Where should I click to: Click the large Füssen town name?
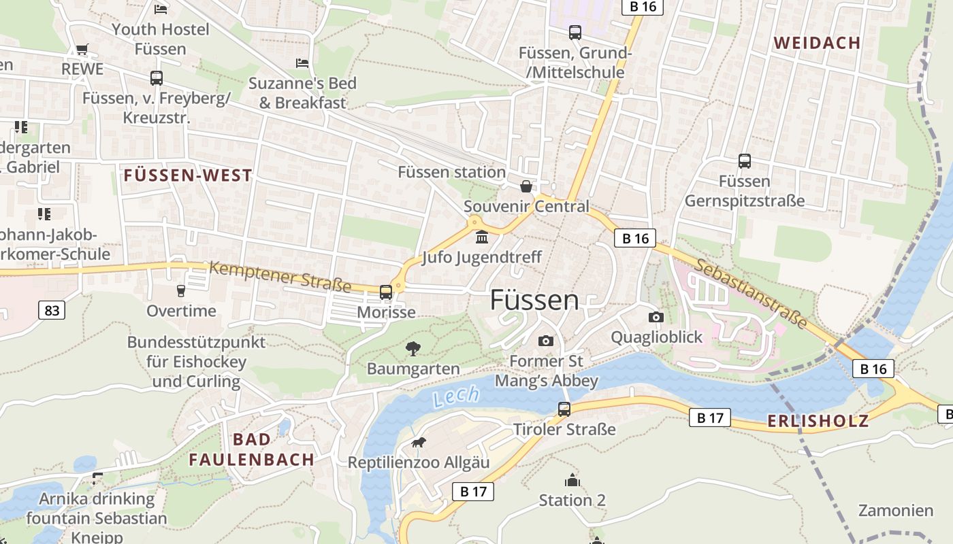[534, 300]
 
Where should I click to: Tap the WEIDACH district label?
[817, 43]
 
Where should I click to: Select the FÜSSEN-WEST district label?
[188, 175]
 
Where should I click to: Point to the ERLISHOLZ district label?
[818, 421]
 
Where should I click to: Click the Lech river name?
[455, 396]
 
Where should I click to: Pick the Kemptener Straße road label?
[280, 277]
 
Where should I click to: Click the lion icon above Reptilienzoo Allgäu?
[418, 443]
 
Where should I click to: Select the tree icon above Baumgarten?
[413, 350]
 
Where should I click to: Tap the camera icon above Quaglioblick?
[656, 317]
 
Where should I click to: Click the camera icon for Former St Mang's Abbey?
[545, 341]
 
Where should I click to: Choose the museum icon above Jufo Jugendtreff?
[482, 237]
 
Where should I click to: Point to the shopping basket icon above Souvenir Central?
[526, 186]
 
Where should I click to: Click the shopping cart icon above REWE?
[82, 49]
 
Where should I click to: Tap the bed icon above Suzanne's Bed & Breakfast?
[302, 63]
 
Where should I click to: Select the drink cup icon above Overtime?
[181, 291]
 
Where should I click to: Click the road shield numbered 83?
[51, 311]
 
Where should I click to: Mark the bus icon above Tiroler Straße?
[564, 409]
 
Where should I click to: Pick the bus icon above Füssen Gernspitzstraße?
[744, 161]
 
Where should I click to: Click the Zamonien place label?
[895, 510]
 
